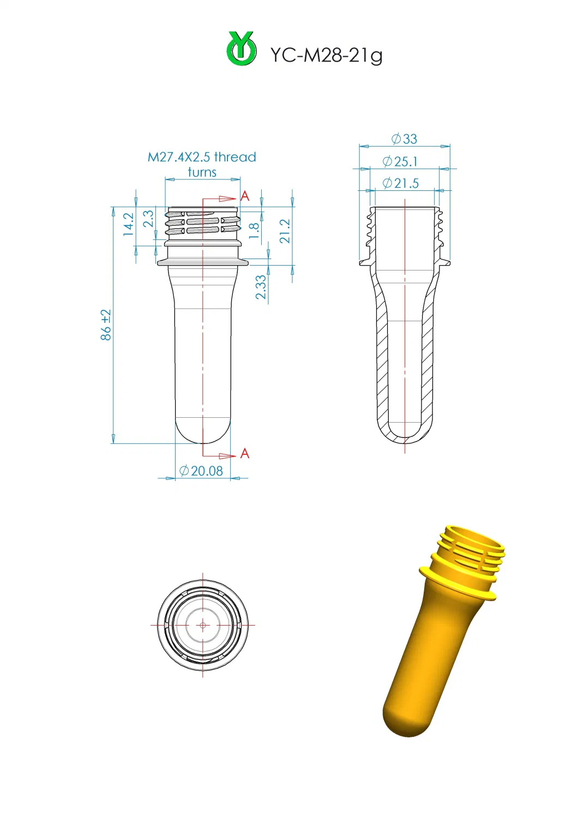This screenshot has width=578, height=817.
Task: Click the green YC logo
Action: pyautogui.click(x=242, y=50)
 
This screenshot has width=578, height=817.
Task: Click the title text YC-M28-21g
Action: pyautogui.click(x=326, y=55)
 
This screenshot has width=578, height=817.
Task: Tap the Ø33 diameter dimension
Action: pyautogui.click(x=404, y=139)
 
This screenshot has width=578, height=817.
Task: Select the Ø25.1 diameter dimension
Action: pyautogui.click(x=400, y=161)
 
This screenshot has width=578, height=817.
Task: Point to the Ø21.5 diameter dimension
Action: pyautogui.click(x=401, y=183)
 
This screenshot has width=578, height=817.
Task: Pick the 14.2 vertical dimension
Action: pyautogui.click(x=129, y=224)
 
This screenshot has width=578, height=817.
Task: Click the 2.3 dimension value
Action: pyautogui.click(x=148, y=219)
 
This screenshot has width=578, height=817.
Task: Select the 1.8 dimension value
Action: pyautogui.click(x=254, y=231)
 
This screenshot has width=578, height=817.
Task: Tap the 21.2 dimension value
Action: pyautogui.click(x=285, y=231)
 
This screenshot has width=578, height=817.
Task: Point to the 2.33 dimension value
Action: pyautogui.click(x=261, y=287)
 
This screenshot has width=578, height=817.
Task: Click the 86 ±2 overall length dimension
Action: pyautogui.click(x=106, y=325)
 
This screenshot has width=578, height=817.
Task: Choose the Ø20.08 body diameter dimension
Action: pyautogui.click(x=201, y=471)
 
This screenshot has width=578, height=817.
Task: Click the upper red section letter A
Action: pyautogui.click(x=245, y=196)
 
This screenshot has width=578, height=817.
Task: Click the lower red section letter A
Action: pyautogui.click(x=245, y=454)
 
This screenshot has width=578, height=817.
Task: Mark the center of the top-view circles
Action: pyautogui.click(x=203, y=625)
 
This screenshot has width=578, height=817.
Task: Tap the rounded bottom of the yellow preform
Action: pyautogui.click(x=406, y=720)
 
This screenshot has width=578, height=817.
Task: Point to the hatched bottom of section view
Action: pyautogui.click(x=404, y=436)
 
